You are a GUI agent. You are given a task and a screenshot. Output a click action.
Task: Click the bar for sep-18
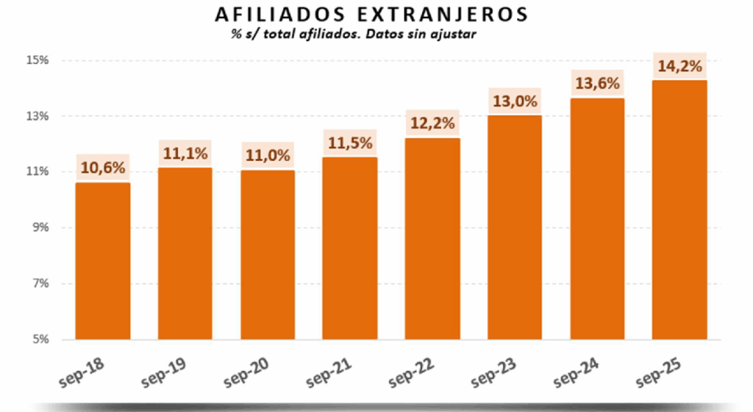[x=103, y=261]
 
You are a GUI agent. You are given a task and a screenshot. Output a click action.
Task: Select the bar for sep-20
[x=268, y=255]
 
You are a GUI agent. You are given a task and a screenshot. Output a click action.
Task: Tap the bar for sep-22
[x=432, y=239]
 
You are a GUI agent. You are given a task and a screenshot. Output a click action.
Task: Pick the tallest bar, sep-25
[x=679, y=209]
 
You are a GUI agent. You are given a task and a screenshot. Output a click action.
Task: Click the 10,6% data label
[x=103, y=168]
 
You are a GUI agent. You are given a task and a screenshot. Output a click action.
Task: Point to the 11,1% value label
[x=185, y=153]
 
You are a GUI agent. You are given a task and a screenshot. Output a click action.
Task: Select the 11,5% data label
[x=350, y=142]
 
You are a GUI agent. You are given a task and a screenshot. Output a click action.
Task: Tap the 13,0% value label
[x=515, y=101]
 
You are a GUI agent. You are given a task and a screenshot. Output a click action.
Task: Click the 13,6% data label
[x=597, y=84]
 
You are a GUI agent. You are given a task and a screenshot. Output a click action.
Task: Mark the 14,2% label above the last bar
[x=679, y=66]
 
